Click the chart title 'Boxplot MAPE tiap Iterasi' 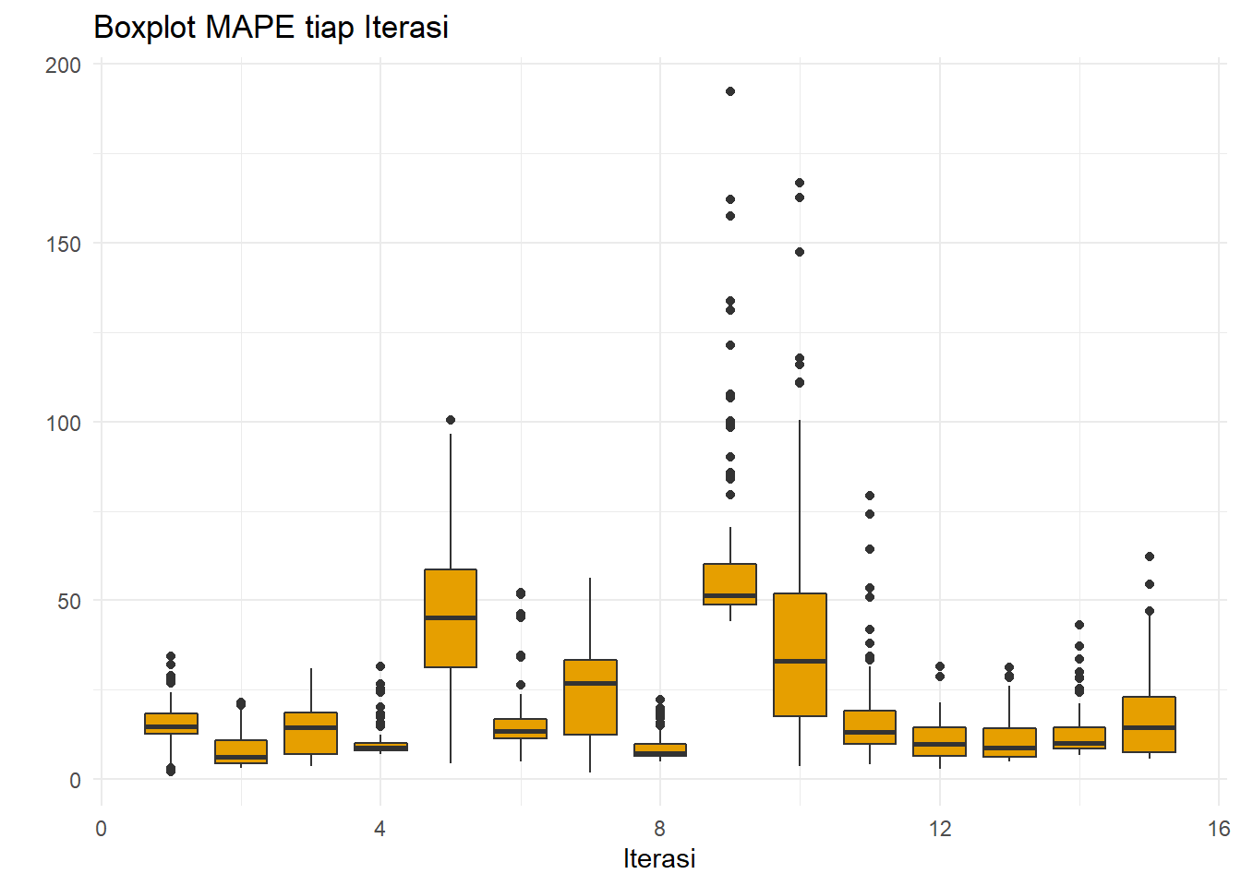[271, 28]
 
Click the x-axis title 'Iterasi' [659, 858]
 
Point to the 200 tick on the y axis [63, 66]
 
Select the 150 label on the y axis [63, 244]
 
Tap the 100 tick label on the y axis [63, 423]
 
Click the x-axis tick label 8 [660, 829]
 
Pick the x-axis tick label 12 [940, 829]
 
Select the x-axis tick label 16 [1218, 829]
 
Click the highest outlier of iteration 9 [730, 91]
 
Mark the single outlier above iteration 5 [451, 420]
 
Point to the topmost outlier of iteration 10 [800, 183]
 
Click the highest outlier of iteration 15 [1150, 557]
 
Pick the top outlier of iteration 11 [870, 496]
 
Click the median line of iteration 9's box [730, 596]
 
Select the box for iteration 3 [311, 733]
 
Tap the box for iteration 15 [1150, 724]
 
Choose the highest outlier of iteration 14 [1079, 625]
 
